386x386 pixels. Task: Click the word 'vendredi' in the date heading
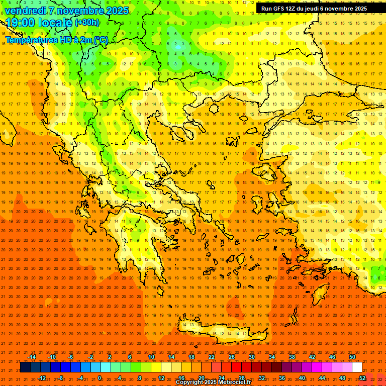click(x=27, y=11)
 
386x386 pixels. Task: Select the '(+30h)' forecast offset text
click(x=87, y=23)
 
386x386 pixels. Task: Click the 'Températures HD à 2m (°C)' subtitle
click(x=57, y=40)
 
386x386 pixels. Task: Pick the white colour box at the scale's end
click(x=357, y=367)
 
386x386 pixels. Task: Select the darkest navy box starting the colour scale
click(x=25, y=367)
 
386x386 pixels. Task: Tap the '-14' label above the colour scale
click(x=32, y=357)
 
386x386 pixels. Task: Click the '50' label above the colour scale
click(x=352, y=357)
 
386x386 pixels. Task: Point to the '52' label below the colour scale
click(x=362, y=378)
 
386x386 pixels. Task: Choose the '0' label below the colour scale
click(x=100, y=378)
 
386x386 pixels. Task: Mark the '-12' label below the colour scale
click(x=42, y=378)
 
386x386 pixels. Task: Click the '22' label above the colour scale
click(x=212, y=357)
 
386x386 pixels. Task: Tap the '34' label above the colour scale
click(x=272, y=357)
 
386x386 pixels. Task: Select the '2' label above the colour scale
click(x=110, y=357)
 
